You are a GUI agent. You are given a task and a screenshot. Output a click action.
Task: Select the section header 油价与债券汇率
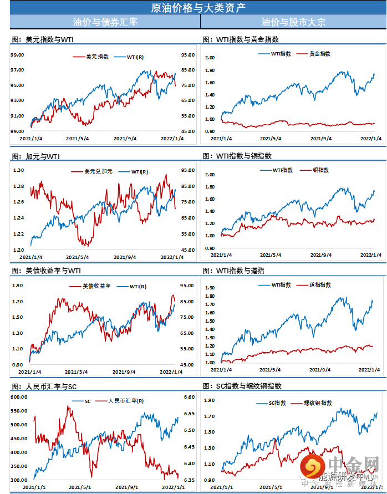105,22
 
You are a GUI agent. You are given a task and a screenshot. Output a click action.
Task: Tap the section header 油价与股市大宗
293,22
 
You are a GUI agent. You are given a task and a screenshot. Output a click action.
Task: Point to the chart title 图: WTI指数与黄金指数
241,40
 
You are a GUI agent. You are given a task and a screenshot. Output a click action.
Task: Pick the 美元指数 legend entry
97,57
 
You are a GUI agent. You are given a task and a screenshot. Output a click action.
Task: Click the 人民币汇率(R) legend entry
125,401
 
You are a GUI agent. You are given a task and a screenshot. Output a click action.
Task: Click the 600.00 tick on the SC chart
19,398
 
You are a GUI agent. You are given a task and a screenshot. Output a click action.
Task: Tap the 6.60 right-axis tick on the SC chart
189,398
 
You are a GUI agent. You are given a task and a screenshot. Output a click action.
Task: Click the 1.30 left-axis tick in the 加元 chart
19,170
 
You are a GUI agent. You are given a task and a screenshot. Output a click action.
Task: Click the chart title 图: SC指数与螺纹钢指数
247,386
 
